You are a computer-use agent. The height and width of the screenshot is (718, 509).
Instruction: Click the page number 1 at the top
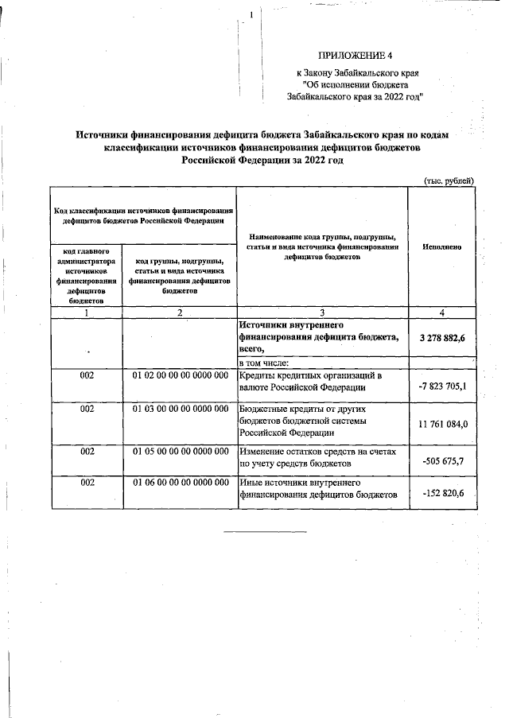pyautogui.click(x=251, y=15)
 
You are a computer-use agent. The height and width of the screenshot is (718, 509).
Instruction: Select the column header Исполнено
pyautogui.click(x=442, y=247)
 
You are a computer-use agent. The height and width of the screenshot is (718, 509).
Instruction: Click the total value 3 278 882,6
pyautogui.click(x=442, y=339)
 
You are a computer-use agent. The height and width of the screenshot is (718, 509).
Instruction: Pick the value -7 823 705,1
pyautogui.click(x=442, y=387)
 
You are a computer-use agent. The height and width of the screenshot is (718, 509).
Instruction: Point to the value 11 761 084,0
pyautogui.click(x=442, y=424)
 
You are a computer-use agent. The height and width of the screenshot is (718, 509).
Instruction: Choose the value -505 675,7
pyautogui.click(x=442, y=460)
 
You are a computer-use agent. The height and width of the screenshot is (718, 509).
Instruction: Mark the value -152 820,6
pyautogui.click(x=442, y=495)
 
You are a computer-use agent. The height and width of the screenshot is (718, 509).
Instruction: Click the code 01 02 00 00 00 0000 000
pyautogui.click(x=180, y=375)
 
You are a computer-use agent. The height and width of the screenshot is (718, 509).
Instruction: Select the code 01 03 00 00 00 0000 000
pyautogui.click(x=180, y=409)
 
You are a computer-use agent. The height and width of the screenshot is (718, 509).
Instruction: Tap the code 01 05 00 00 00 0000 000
pyautogui.click(x=180, y=452)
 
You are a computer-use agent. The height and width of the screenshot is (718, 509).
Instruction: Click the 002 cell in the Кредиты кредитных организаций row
pyautogui.click(x=87, y=375)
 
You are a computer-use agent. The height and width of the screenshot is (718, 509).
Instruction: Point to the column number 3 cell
pyautogui.click(x=322, y=312)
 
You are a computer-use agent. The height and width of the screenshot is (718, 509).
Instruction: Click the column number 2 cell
pyautogui.click(x=180, y=312)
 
